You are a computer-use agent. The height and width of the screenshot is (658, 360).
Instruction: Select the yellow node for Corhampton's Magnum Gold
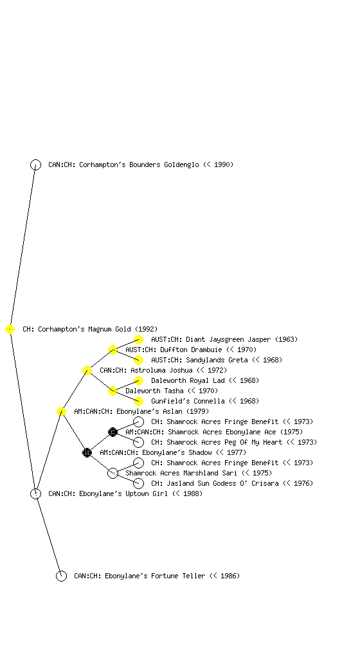coord(10,330)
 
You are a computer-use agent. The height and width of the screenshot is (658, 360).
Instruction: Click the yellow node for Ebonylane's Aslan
coord(61,412)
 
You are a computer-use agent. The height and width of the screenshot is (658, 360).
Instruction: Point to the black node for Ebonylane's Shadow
coord(87,453)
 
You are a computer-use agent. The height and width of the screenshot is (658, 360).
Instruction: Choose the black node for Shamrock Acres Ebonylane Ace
coord(113,432)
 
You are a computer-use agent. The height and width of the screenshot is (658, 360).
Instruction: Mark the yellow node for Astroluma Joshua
coord(87,371)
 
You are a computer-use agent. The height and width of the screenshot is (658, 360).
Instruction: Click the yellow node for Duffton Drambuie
coord(113,350)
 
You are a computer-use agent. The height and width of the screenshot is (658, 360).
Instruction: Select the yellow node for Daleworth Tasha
coord(113,391)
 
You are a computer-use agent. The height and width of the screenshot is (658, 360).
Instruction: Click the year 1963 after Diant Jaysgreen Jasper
coord(287,339)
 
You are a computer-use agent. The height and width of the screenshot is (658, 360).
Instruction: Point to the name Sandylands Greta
coord(217,360)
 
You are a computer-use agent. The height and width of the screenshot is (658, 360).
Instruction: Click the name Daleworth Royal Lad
coord(188,380)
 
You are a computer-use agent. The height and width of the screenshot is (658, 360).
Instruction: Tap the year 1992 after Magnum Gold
coord(147,330)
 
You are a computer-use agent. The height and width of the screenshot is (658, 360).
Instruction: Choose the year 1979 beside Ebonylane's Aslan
coord(197,412)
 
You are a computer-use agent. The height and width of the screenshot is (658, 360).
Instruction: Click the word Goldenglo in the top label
coord(182,165)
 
